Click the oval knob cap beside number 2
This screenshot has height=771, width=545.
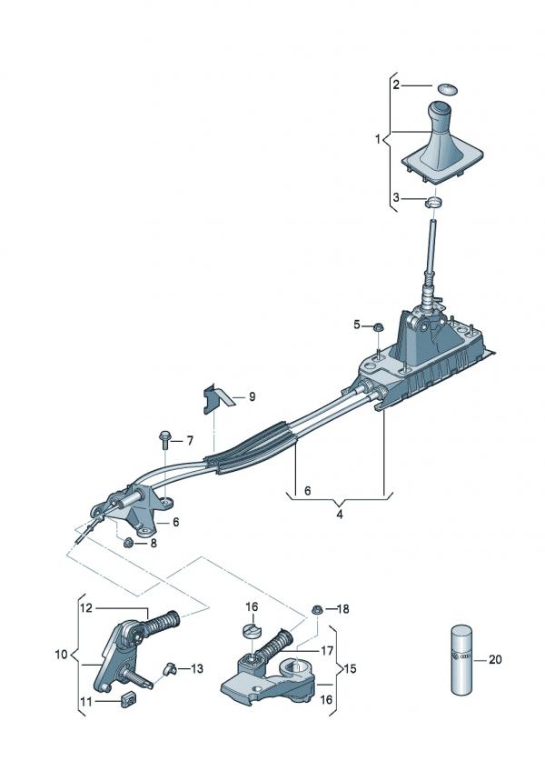tap(447, 88)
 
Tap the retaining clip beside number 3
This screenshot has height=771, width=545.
tap(435, 202)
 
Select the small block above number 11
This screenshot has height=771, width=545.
tap(127, 698)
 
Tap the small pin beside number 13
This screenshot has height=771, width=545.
tap(169, 669)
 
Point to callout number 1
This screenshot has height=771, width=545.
tap(378, 140)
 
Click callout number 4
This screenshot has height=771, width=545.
tap(340, 513)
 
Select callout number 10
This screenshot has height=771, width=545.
tap(60, 655)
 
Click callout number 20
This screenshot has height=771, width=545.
tap(494, 660)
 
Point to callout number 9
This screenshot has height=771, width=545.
tap(252, 396)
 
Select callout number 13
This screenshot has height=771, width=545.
tap(197, 669)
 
